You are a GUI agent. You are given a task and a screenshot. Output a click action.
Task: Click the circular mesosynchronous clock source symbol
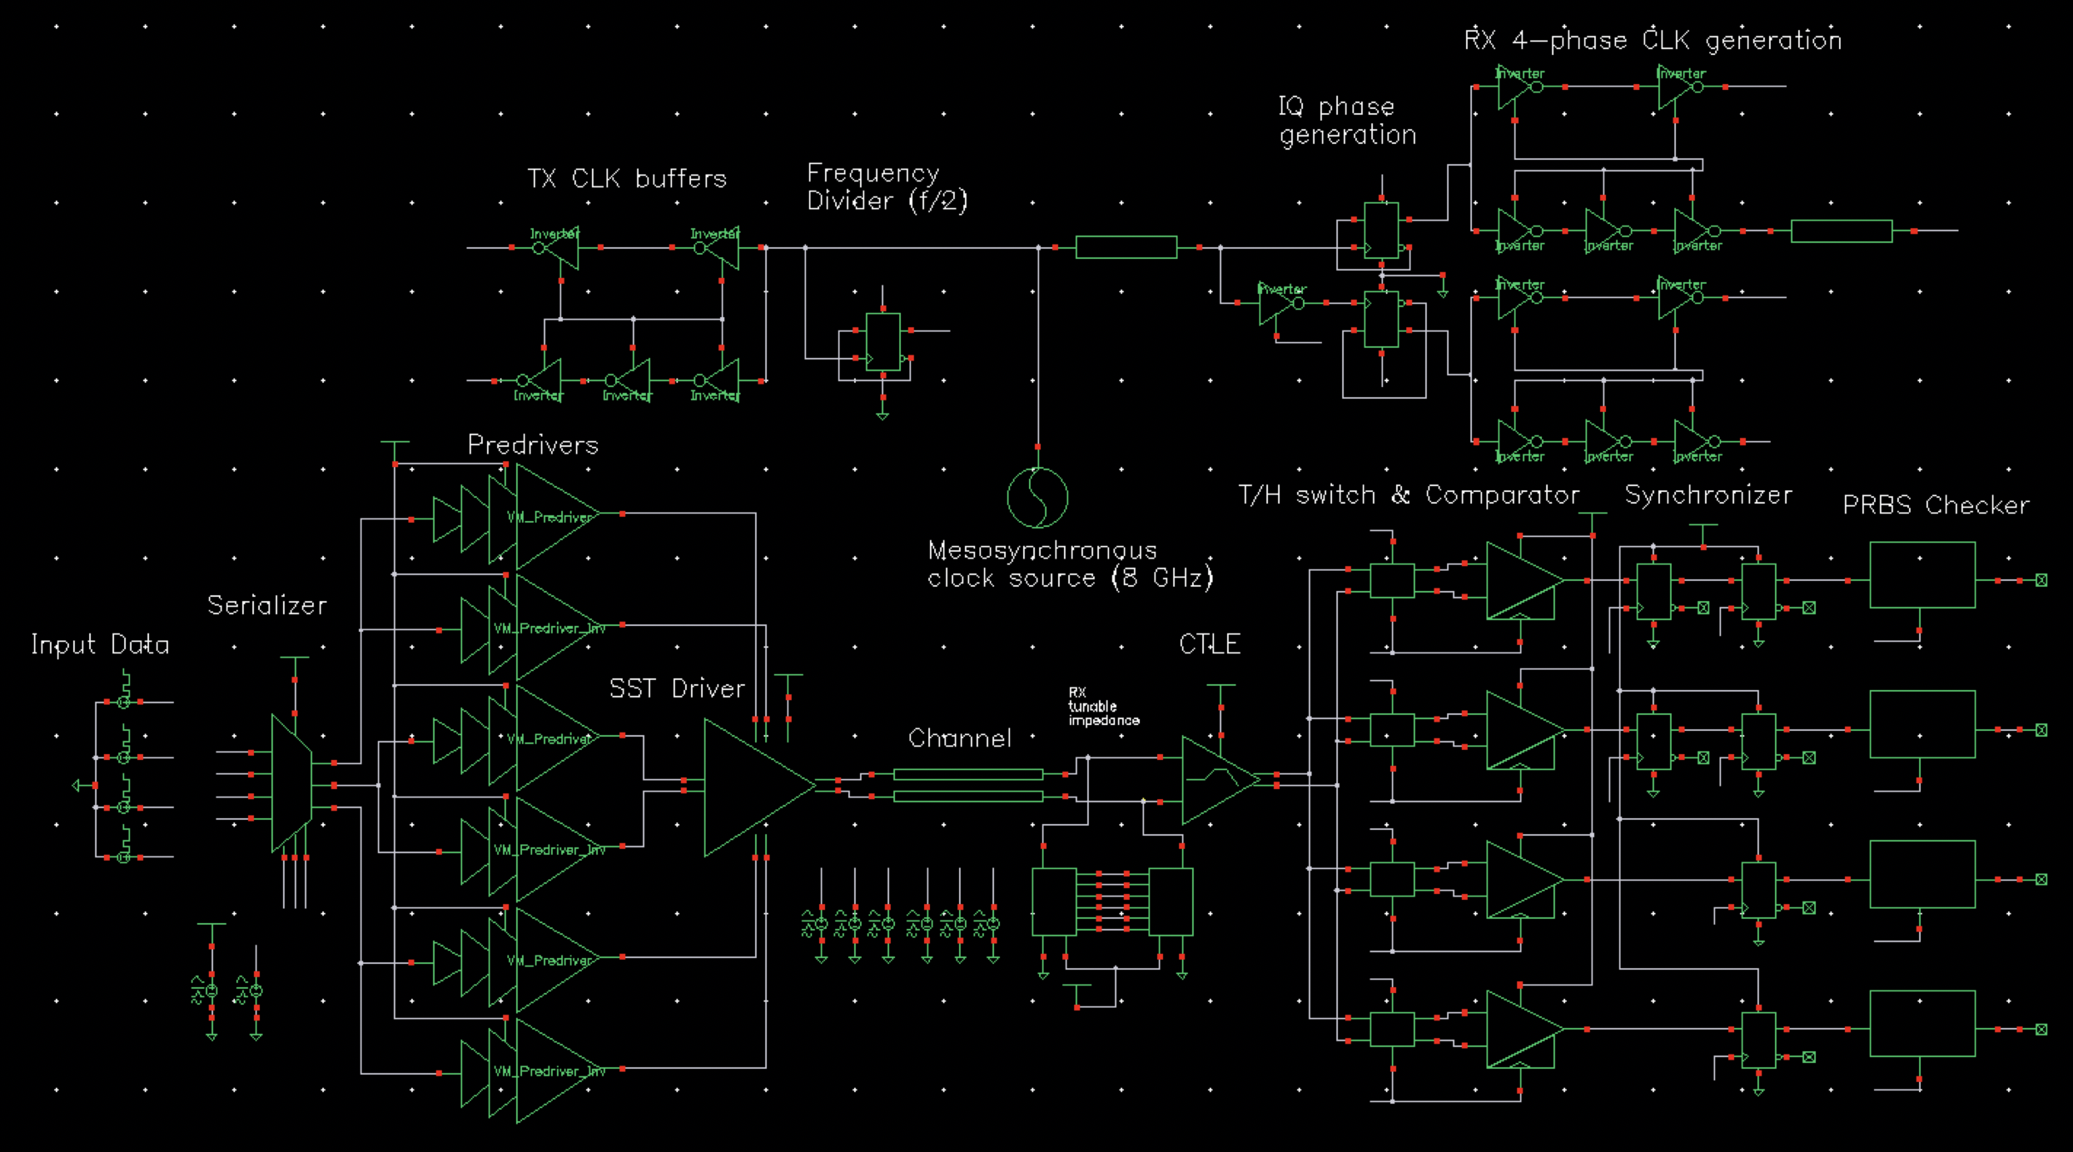(1037, 498)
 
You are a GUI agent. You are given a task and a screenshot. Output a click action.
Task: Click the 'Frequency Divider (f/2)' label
(887, 186)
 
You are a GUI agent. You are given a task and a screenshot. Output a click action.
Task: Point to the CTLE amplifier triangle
(1215, 779)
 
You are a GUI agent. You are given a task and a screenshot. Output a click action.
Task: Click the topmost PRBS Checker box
(1921, 575)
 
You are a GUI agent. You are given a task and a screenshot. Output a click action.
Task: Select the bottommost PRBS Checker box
(1921, 1023)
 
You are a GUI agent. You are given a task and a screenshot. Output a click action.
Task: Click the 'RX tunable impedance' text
(1102, 706)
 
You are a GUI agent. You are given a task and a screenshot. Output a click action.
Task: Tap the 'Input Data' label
(100, 645)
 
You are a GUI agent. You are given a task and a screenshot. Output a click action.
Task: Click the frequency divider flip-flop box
(882, 341)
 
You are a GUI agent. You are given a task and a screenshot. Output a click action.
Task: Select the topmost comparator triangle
(1519, 580)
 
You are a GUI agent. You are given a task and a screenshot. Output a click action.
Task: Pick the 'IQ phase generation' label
(1346, 121)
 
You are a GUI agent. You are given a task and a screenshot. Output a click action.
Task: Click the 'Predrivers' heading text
(533, 445)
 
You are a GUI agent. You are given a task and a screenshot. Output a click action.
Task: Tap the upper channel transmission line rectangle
(967, 774)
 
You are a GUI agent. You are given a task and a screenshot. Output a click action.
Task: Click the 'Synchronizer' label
(1708, 495)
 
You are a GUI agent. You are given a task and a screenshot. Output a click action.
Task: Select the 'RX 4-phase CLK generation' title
(1653, 40)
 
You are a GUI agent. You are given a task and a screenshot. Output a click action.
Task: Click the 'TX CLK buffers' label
(626, 179)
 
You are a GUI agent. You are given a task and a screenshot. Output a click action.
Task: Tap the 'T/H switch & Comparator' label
(1409, 495)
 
